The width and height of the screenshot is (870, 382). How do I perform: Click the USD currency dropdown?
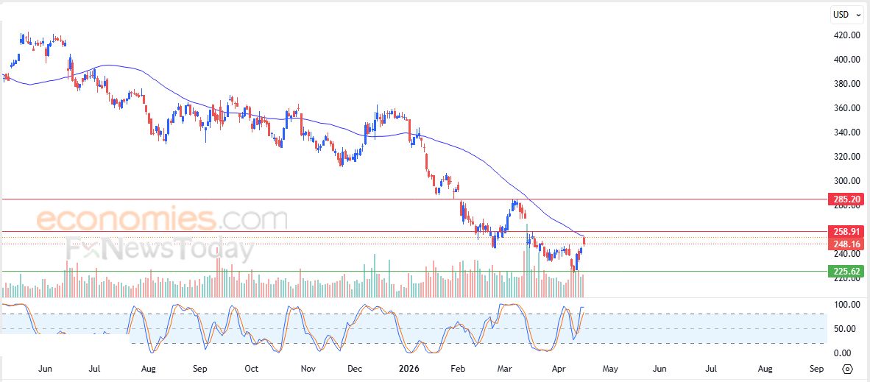844,14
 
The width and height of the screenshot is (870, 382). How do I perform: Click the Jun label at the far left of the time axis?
45,368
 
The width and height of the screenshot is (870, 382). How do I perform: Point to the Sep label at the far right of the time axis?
816,368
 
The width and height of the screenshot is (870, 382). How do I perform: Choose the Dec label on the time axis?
355,368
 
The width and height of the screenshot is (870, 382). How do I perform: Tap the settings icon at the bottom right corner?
847,369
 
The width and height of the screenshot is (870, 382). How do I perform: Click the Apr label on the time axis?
557,368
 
